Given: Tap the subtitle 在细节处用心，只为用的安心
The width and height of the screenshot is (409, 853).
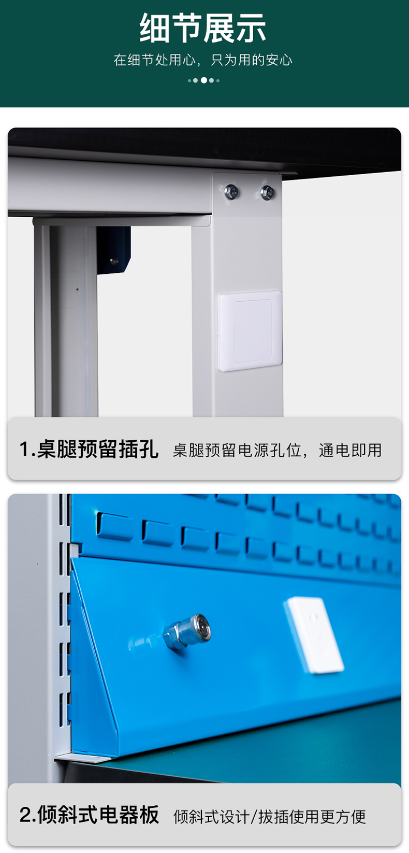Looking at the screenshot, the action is click(x=203, y=60).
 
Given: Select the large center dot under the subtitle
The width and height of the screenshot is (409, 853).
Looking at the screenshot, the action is click(x=204, y=80).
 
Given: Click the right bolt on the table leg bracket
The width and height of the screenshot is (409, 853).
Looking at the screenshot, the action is click(x=267, y=192).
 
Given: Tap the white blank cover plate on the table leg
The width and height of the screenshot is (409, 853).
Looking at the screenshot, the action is click(x=250, y=331).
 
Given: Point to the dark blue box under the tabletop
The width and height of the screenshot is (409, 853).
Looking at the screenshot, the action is click(x=113, y=250).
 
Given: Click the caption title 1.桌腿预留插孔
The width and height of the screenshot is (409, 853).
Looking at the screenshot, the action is click(x=89, y=449).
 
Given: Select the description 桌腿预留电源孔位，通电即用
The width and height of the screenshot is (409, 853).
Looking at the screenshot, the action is click(x=277, y=450).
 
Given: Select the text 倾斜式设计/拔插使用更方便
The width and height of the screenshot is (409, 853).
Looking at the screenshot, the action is click(x=270, y=817).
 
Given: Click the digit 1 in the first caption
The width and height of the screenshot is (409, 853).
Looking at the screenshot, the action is click(x=24, y=450).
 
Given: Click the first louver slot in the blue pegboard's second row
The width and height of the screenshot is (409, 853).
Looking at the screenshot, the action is click(x=115, y=526).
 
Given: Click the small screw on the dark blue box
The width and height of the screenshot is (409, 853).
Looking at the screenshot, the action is click(x=112, y=261).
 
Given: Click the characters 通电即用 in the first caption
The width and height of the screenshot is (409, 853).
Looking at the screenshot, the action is click(x=350, y=450).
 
